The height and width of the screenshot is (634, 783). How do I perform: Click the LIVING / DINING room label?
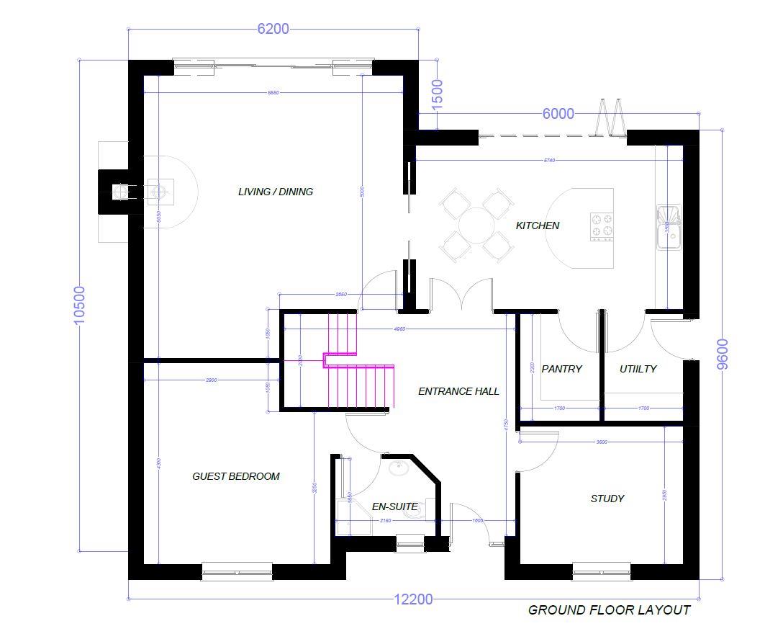(276, 192)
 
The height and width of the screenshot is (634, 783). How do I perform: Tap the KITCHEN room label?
(538, 226)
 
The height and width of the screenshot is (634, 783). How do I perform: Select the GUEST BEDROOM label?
(236, 476)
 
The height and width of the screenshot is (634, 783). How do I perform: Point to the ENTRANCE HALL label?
(458, 391)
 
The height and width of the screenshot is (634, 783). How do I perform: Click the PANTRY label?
(561, 369)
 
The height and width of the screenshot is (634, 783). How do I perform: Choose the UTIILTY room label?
(638, 369)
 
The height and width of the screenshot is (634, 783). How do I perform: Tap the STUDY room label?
(607, 499)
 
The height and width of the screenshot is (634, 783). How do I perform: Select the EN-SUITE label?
(394, 506)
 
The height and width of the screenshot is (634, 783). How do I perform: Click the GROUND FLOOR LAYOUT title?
(609, 610)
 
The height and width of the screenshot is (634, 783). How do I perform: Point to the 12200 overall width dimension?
(413, 599)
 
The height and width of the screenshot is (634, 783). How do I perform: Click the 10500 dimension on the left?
(79, 305)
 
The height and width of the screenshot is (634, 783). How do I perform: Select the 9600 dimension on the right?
(723, 354)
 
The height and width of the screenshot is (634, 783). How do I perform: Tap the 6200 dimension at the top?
(273, 29)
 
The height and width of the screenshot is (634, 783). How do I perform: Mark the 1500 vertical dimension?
(437, 94)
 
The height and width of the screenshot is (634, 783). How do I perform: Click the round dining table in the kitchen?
(477, 225)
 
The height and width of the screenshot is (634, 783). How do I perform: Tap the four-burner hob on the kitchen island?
(602, 226)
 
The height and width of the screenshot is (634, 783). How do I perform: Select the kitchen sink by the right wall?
(669, 227)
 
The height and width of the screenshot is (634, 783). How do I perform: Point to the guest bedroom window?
(237, 573)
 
